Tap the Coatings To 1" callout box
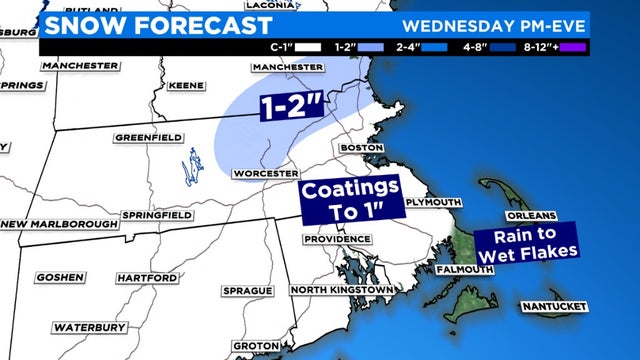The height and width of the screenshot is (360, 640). point(351,197)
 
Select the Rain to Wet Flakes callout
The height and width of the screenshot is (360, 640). point(527,243)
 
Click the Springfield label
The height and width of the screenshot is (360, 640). point(154,216)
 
